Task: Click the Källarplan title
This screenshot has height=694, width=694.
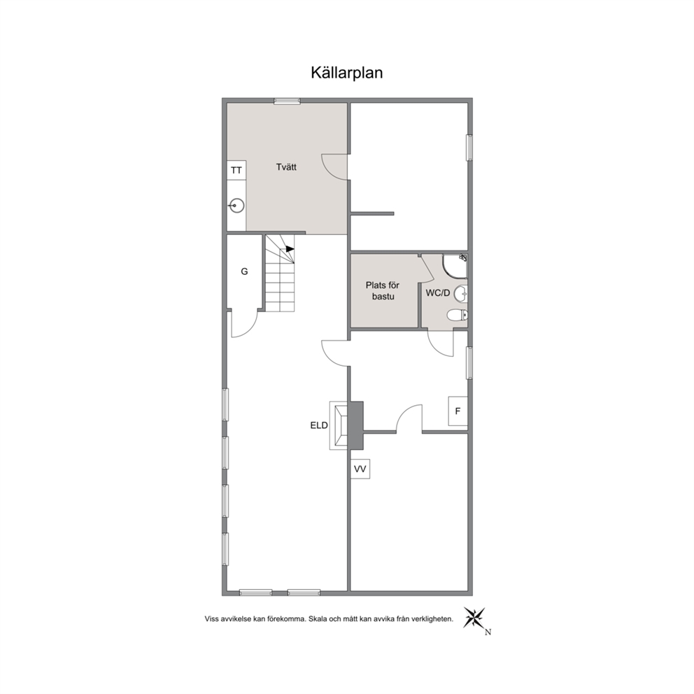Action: [x=346, y=73]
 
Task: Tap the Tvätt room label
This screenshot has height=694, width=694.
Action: [x=286, y=167]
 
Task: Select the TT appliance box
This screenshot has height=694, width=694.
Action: [x=236, y=171]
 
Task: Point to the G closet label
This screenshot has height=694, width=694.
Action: [x=244, y=271]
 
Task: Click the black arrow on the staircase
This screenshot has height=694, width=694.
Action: [x=290, y=249]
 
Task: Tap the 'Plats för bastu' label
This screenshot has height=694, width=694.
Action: [x=383, y=291]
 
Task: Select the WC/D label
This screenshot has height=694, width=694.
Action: [x=438, y=293]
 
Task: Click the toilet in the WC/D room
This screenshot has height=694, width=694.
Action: [x=458, y=315]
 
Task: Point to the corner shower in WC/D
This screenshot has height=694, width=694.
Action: [x=455, y=266]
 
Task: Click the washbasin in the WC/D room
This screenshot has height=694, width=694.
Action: [x=461, y=293]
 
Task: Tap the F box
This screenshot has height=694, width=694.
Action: [x=458, y=411]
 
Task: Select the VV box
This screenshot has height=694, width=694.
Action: [x=360, y=469]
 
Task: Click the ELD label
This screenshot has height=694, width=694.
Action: [x=319, y=426]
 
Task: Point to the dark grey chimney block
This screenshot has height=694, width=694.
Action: [x=355, y=425]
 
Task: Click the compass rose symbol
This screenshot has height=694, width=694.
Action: [x=474, y=618]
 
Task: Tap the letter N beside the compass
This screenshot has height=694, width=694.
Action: [x=488, y=632]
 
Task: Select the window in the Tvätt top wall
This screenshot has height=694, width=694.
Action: [x=287, y=101]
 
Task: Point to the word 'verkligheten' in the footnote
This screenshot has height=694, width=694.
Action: [x=432, y=618]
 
